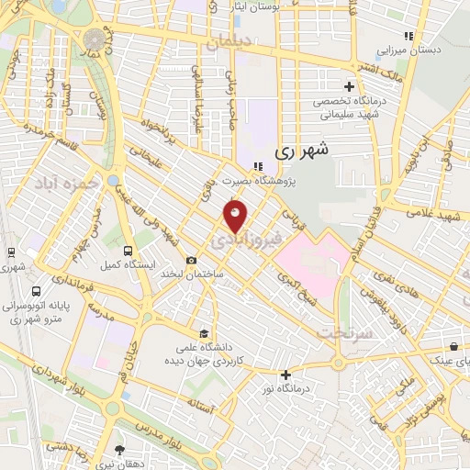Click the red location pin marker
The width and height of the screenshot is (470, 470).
tap(235, 216)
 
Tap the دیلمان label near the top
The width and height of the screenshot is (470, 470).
tap(228, 42)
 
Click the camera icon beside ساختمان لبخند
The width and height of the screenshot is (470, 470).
tap(191, 261)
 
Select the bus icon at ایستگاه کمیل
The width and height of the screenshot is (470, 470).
tap(126, 249)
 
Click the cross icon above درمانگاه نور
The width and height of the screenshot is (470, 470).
tap(286, 374)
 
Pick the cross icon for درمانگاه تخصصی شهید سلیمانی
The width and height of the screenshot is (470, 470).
tap(348, 86)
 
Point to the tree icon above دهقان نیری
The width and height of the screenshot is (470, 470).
tap(120, 450)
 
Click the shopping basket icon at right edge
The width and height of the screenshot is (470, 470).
tap(453, 346)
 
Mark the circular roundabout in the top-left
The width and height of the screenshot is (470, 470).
tap(95, 39)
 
